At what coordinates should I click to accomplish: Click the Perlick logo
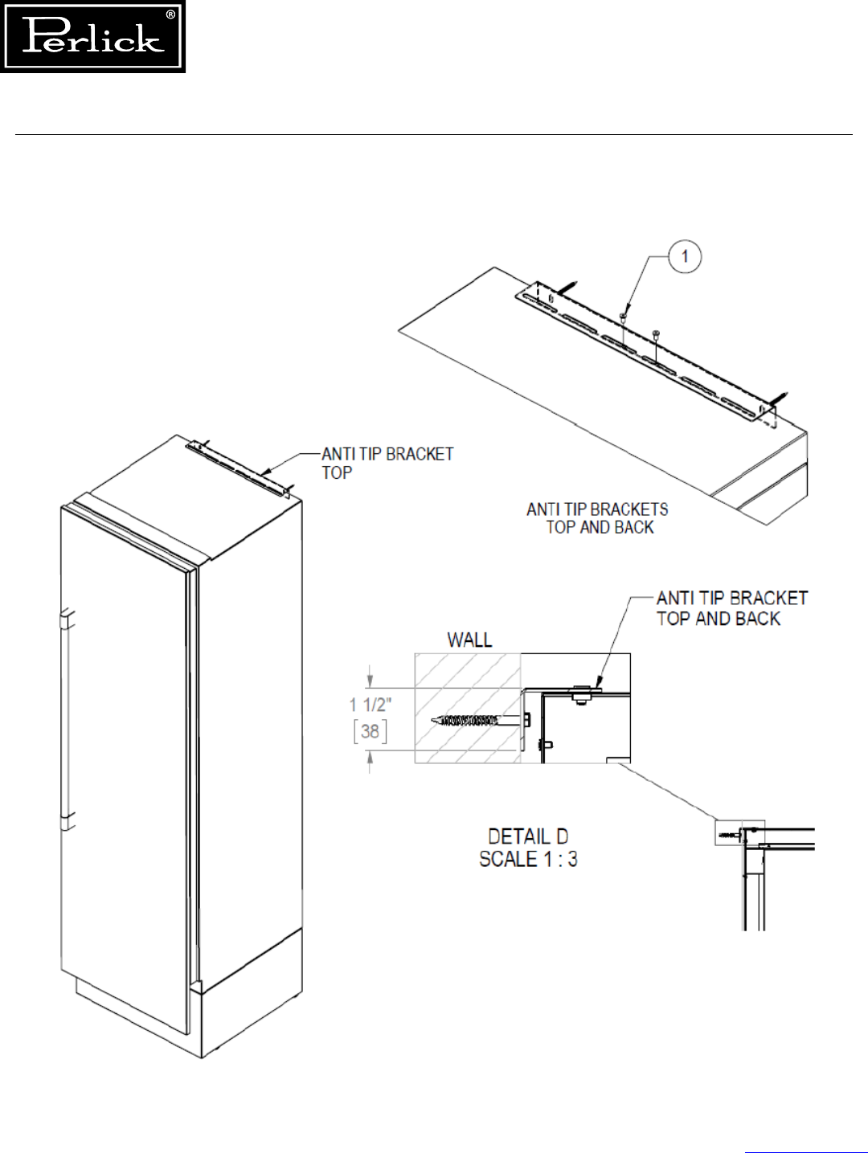[92, 37]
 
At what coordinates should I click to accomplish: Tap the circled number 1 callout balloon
[685, 257]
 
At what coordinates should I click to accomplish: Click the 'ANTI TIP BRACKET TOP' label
[387, 464]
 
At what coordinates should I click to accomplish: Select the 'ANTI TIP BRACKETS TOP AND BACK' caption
[598, 518]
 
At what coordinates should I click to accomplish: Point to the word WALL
[469, 640]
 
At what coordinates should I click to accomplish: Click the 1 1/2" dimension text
[371, 705]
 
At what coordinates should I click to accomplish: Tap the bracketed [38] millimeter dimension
[370, 731]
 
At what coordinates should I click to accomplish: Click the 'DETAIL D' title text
[528, 836]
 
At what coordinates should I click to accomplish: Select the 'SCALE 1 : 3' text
[528, 859]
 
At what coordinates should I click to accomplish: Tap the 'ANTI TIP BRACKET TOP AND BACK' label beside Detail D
[731, 608]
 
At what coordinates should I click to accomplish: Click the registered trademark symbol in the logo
[170, 14]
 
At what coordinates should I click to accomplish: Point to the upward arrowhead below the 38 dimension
[370, 758]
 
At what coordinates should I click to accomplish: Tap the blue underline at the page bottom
[805, 1151]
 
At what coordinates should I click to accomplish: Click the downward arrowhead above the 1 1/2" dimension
[370, 680]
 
